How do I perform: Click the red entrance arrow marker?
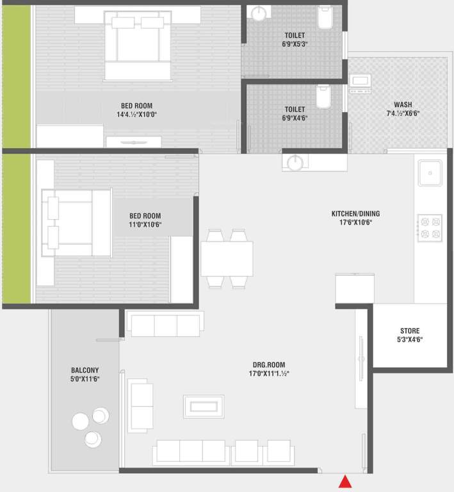pos(345,482)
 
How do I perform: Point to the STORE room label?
pos(409,331)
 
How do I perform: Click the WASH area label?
pos(403,105)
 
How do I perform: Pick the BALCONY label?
pos(85,370)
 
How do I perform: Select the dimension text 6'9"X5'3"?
pos(295,45)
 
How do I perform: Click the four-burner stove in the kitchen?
pos(430,227)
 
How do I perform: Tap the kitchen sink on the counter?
pos(429,172)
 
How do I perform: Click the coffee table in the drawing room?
pos(204,406)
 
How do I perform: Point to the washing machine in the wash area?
pos(360,84)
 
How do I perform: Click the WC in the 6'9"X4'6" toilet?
pos(323,97)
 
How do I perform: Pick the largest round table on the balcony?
pos(81,422)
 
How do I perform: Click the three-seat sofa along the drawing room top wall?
pos(165,325)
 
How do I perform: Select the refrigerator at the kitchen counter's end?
pos(355,287)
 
